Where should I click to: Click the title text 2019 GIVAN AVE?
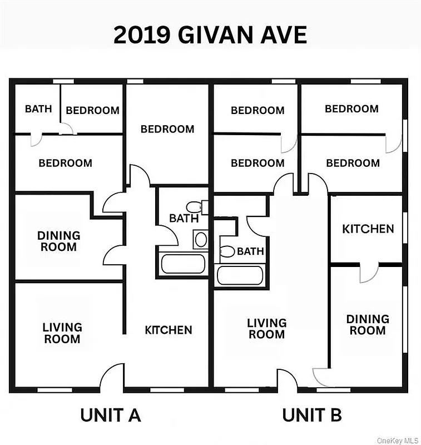coord(210,34)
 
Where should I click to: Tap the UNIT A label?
coord(111,415)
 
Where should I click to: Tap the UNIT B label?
coord(311,415)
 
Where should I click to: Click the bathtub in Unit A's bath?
coord(182,263)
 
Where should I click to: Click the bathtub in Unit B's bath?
coord(240,275)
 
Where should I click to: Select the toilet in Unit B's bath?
coord(227,251)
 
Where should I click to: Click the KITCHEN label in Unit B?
coord(368,229)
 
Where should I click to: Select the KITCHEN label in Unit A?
coord(169,330)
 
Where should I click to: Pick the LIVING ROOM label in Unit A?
coord(62,333)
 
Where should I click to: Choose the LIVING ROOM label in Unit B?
coord(267,329)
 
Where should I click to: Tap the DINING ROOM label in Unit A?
coord(58,241)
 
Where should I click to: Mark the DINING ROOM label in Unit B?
coord(368,325)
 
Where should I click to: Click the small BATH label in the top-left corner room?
coord(38,109)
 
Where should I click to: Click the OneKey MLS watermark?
coord(397,440)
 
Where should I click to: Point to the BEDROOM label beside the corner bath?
coord(92,110)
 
